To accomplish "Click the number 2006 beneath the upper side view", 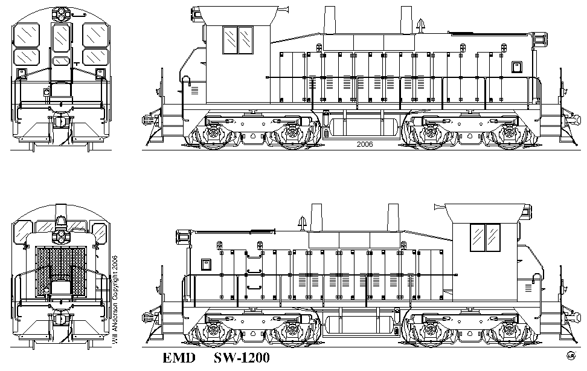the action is click(x=365, y=144).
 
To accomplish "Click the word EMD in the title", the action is click(x=179, y=358).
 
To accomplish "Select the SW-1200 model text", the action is click(x=242, y=358).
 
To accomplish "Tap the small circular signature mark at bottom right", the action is click(x=571, y=356).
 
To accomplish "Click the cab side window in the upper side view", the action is click(x=238, y=40).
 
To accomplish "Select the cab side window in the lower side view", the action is click(x=485, y=237).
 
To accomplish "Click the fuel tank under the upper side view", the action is click(x=364, y=127).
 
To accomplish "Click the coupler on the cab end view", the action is click(x=60, y=121).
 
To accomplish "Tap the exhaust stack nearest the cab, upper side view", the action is click(x=330, y=20).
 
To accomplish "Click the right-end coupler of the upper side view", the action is click(x=573, y=119).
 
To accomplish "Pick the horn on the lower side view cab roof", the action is click(x=440, y=207).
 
